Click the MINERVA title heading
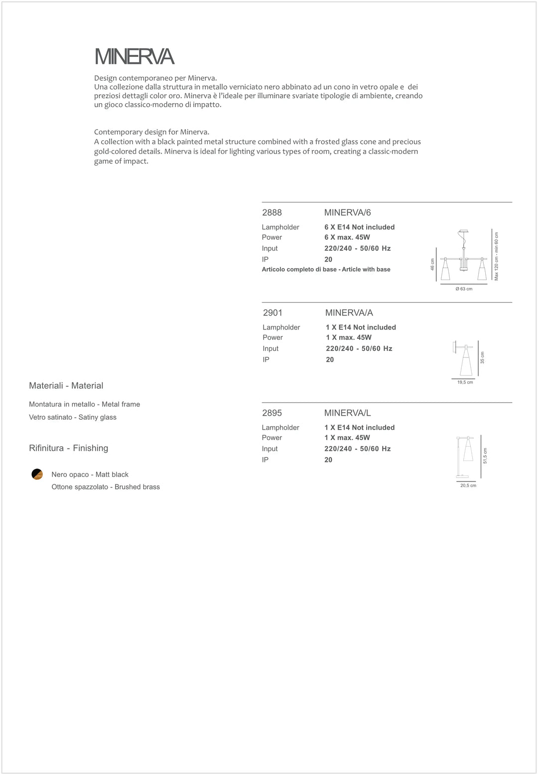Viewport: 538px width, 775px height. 134,57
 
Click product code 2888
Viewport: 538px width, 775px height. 272,213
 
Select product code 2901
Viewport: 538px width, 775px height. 272,313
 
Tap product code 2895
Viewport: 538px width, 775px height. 272,413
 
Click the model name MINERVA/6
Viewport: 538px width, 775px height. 347,213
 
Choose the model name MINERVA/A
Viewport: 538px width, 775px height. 349,313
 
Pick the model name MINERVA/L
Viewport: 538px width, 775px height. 347,413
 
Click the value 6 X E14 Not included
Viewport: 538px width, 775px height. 359,227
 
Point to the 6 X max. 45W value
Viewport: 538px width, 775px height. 347,237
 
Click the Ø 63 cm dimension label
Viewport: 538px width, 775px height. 464,289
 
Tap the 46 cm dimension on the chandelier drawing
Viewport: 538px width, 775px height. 432,265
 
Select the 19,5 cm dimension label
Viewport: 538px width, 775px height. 465,382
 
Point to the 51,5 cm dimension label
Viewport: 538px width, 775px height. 485,456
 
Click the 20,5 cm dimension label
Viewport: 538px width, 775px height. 468,485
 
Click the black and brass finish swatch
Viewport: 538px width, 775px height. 37,474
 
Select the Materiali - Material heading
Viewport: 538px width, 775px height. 66,386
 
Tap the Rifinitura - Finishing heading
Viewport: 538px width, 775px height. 69,448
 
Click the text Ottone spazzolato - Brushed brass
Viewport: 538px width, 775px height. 106,487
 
